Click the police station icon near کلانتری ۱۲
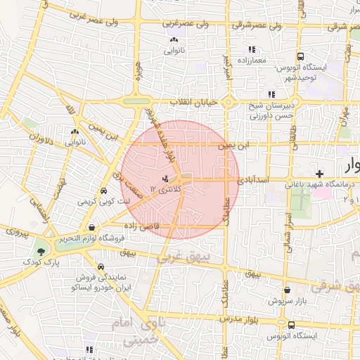[x=165, y=179]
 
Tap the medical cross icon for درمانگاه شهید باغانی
[x=319, y=173]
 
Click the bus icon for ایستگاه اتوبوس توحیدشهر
[x=300, y=56]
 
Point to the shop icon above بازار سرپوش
[x=287, y=289]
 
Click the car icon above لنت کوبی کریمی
[x=103, y=190]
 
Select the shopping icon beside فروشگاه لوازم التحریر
[x=93, y=227]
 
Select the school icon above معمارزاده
[x=250, y=49]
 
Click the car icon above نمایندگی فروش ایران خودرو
[x=103, y=267]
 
